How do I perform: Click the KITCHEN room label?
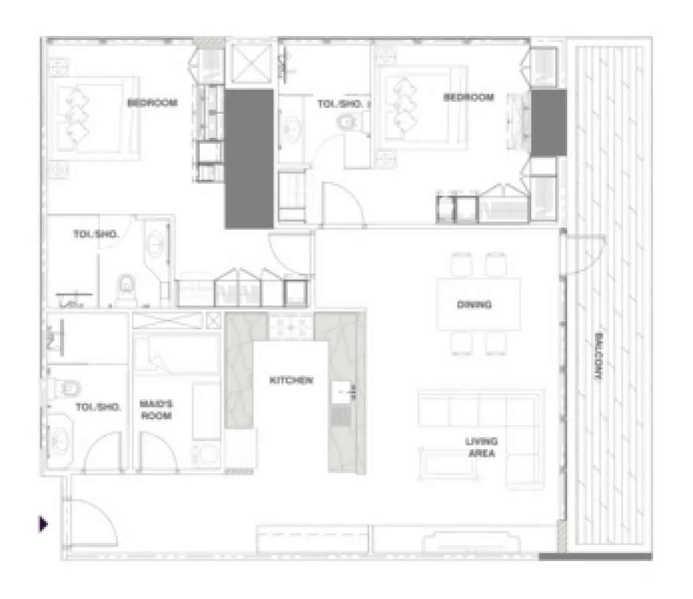(x=291, y=380)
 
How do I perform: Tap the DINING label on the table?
(x=474, y=304)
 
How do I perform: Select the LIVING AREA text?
(x=482, y=448)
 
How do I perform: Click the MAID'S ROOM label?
(x=156, y=409)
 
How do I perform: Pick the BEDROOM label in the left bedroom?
(x=153, y=102)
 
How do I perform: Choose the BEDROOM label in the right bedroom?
(x=469, y=97)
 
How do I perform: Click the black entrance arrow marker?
(x=43, y=524)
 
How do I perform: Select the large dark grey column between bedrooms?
(x=249, y=159)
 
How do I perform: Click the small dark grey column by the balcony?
(x=549, y=123)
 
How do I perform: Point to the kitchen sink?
(x=341, y=392)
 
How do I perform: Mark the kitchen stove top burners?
(x=291, y=327)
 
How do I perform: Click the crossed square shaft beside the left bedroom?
(x=251, y=64)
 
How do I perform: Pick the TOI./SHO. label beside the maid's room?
(x=98, y=407)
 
